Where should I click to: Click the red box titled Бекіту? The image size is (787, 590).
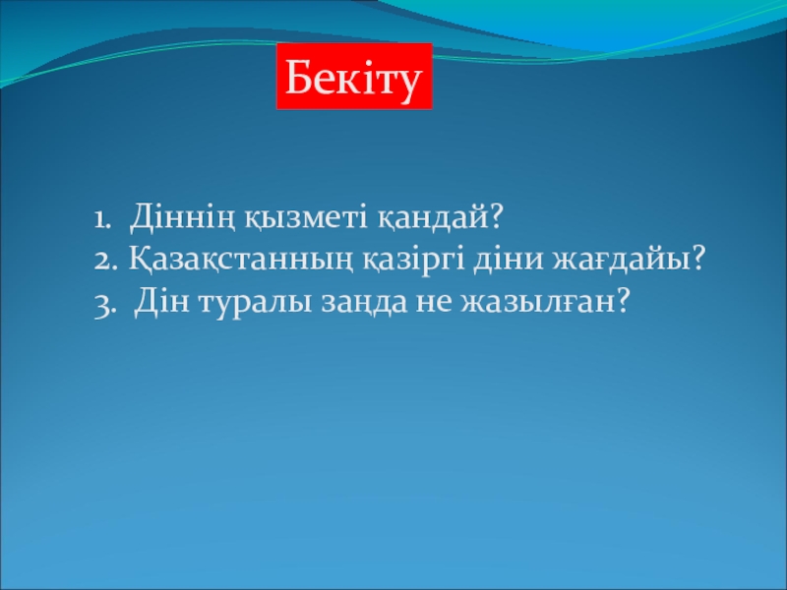pyautogui.click(x=354, y=77)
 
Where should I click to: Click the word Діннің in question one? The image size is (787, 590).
pyautogui.click(x=182, y=218)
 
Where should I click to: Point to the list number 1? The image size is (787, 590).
pyautogui.click(x=102, y=219)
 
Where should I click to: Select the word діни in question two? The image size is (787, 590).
pyautogui.click(x=509, y=260)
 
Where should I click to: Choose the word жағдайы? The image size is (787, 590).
pyautogui.click(x=621, y=261)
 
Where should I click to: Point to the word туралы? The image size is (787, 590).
pyautogui.click(x=255, y=304)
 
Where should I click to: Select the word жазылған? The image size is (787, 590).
pyautogui.click(x=538, y=303)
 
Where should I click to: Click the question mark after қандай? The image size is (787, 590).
pyautogui.click(x=494, y=216)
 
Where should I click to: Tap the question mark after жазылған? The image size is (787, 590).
pyautogui.click(x=623, y=300)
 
